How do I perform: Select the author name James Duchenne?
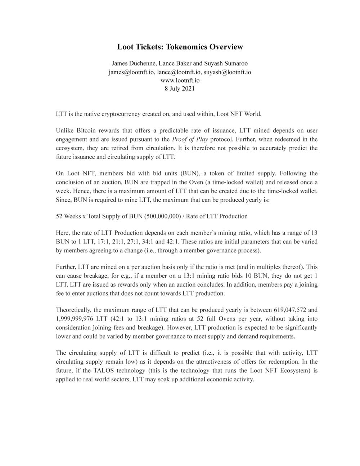pos(132,63)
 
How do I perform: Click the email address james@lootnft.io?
pos(131,72)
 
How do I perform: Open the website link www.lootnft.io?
pos(179,80)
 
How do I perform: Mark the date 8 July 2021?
pos(179,89)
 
